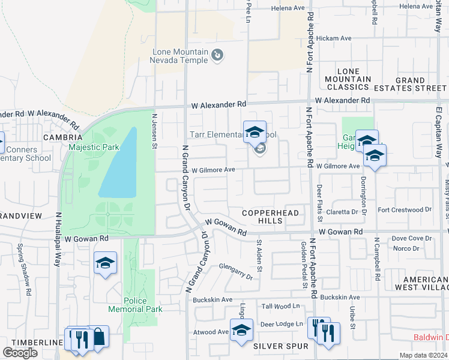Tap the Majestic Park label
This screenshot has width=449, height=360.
(x=94, y=146)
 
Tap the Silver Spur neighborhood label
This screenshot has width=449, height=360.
(x=280, y=346)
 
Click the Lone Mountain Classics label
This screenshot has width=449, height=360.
(x=348, y=79)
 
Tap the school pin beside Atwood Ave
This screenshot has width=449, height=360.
(x=241, y=332)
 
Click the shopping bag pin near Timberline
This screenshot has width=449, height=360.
(x=98, y=337)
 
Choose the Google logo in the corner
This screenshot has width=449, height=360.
(x=20, y=353)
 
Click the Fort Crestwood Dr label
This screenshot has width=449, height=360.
(x=405, y=210)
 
